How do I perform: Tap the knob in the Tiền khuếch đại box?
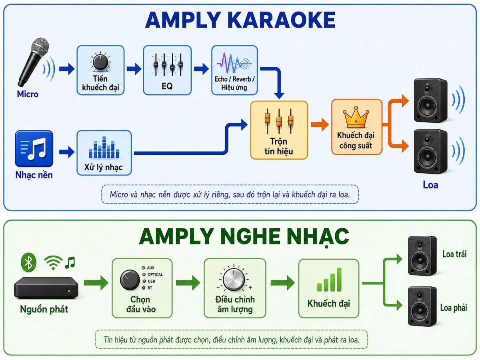pyautogui.click(x=100, y=62)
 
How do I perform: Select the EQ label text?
pyautogui.click(x=167, y=86)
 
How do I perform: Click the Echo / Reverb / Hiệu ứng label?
pyautogui.click(x=234, y=83)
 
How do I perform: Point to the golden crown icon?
pyautogui.click(x=356, y=117)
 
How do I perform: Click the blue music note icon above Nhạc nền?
pyautogui.click(x=34, y=149)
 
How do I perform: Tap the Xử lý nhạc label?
pyautogui.click(x=104, y=168)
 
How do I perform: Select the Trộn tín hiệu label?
pyautogui.click(x=278, y=146)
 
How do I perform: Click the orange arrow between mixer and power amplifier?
pyautogui.click(x=320, y=124)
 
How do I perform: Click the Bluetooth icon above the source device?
pyautogui.click(x=28, y=262)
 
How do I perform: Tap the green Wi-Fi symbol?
pyautogui.click(x=53, y=263)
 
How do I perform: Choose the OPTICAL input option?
pyautogui.click(x=153, y=274)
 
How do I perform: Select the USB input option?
pyautogui.click(x=149, y=281)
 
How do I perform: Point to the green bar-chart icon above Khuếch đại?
pyautogui.click(x=329, y=280)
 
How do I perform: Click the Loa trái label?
pyautogui.click(x=454, y=254)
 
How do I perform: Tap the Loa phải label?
pyautogui.click(x=454, y=308)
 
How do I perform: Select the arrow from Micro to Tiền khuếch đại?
pyautogui.click(x=67, y=69)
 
